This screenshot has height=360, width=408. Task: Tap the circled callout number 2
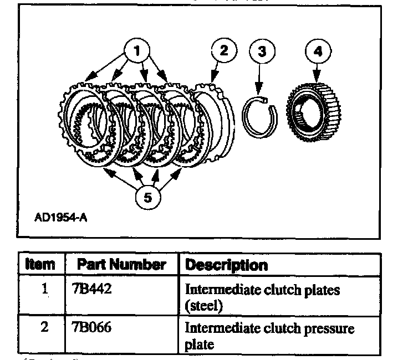(223, 52)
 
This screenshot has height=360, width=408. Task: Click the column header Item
(40, 265)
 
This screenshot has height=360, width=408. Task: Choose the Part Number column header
(121, 265)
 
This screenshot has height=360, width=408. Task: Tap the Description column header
(226, 265)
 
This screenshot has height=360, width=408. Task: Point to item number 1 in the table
(44, 289)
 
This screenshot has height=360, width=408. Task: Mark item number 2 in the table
(44, 327)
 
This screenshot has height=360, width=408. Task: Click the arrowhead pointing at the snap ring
(257, 88)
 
